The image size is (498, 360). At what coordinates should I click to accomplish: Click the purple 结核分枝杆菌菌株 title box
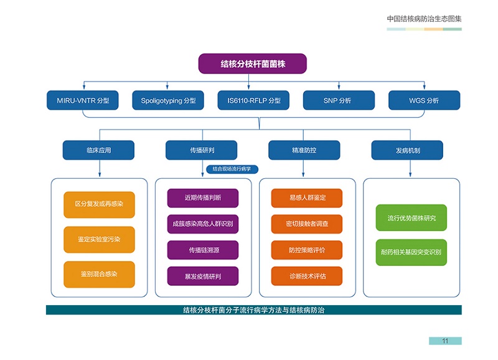[253, 64]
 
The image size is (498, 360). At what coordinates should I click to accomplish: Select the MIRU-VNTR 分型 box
[83, 100]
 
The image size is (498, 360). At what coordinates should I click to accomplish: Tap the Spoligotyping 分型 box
[168, 100]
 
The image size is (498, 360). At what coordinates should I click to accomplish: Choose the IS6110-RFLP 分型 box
[253, 100]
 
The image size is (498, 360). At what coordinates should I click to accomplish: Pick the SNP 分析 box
[339, 100]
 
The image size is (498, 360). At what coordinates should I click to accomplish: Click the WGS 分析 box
[424, 100]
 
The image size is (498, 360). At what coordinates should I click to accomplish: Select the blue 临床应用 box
[98, 150]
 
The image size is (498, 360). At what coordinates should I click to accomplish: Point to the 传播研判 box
[201, 150]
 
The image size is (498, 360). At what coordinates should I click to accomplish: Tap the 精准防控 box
[304, 150]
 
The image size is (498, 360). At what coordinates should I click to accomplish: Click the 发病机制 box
[407, 150]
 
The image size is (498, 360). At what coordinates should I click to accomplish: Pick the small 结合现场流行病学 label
[232, 169]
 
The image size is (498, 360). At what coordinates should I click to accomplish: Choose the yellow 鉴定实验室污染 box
[99, 239]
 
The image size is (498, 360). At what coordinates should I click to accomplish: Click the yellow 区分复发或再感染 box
[99, 204]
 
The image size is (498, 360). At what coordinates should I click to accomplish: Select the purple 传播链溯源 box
[202, 250]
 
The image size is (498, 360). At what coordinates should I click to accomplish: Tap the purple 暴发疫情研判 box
[202, 276]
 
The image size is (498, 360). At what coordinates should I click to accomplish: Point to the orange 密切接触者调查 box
[307, 224]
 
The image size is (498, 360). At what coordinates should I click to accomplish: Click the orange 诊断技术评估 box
[307, 276]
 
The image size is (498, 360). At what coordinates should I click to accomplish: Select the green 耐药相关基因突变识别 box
[411, 252]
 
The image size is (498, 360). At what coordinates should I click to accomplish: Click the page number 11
[445, 341]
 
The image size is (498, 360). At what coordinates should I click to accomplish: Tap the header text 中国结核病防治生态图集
[424, 19]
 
